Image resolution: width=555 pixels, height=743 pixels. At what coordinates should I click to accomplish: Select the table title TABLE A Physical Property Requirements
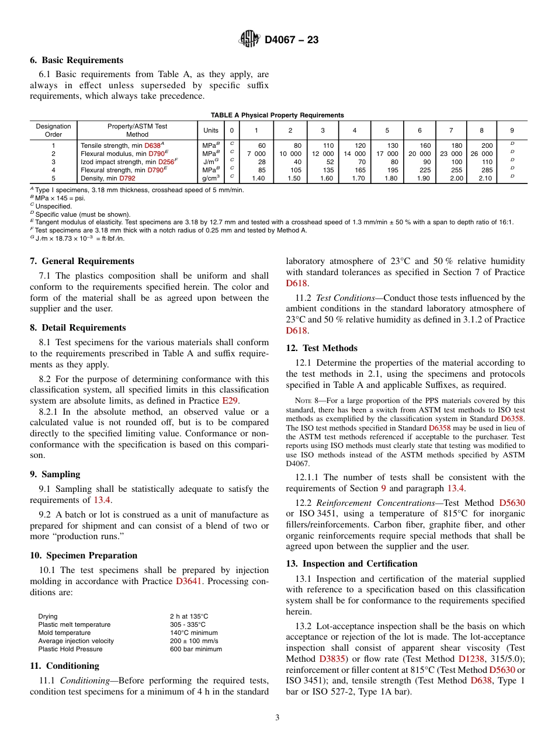pyautogui.click(x=277, y=115)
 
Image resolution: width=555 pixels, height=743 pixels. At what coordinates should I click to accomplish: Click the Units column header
pyautogui.click(x=210, y=130)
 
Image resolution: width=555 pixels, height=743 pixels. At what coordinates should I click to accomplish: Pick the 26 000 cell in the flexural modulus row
pyautogui.click(x=481, y=154)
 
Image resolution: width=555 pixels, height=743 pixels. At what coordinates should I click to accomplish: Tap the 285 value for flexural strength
pyautogui.click(x=485, y=170)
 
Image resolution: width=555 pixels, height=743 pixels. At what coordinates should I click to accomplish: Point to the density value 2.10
pyautogui.click(x=485, y=178)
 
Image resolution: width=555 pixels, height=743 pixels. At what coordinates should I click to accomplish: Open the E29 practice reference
pyautogui.click(x=230, y=401)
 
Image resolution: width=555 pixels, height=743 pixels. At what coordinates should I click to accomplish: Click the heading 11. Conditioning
pyautogui.click(x=64, y=666)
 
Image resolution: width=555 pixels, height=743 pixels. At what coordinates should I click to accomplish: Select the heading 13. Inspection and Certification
pyautogui.click(x=351, y=564)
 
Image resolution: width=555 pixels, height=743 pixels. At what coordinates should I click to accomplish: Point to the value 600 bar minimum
pyautogui.click(x=196, y=649)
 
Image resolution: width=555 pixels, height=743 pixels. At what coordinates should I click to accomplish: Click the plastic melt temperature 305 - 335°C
pyautogui.click(x=188, y=624)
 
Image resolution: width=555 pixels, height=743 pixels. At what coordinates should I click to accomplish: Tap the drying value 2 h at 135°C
pyautogui.click(x=189, y=616)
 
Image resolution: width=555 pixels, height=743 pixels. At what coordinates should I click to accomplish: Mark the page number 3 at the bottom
pyautogui.click(x=277, y=718)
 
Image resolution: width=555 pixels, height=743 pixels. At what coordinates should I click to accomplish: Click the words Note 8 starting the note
pyautogui.click(x=306, y=401)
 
